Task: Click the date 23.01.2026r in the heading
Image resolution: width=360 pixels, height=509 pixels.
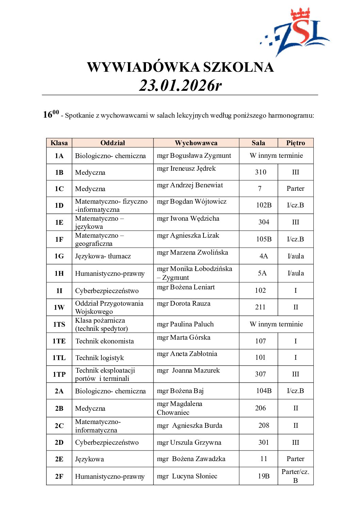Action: coord(180,85)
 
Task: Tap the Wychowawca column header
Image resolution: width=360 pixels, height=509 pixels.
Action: coord(196,143)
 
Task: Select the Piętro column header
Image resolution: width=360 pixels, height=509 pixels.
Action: coord(295,143)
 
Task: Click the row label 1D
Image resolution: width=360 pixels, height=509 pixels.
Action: coord(59,205)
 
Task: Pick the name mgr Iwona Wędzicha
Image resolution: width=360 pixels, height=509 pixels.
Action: coord(188,218)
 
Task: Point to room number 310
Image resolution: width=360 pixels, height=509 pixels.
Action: coord(260,172)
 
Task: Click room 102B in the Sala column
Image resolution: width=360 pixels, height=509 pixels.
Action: coord(264,205)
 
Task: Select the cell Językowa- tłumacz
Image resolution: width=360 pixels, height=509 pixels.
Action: coord(103,256)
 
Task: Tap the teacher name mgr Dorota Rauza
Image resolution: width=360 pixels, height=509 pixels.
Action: coord(183,303)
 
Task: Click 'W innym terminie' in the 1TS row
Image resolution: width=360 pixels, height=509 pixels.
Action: coord(276,324)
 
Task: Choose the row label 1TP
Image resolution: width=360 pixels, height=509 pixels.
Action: coord(59,374)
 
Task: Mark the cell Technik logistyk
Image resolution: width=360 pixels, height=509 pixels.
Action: coord(99,358)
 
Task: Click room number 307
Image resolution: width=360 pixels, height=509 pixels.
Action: coord(260,374)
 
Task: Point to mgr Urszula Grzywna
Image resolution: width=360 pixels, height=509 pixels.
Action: coord(189,442)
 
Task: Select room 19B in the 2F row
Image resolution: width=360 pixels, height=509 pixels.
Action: coord(263,476)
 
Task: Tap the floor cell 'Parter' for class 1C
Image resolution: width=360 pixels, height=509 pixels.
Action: coord(295,188)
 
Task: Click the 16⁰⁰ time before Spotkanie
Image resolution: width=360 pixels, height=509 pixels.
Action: coord(51,114)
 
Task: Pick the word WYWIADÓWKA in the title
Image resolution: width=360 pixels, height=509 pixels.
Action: coord(143,67)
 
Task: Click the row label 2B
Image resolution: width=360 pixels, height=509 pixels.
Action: coord(59,408)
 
